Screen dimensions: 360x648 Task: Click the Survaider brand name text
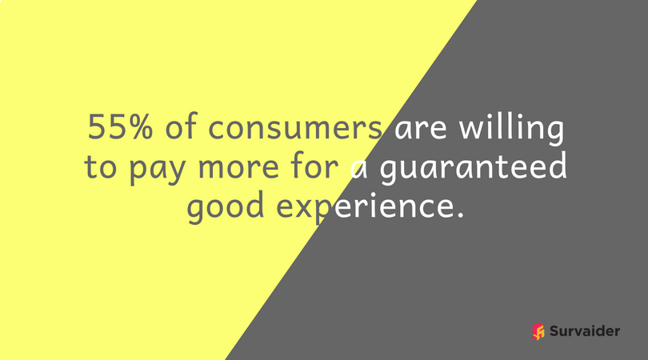(585, 330)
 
